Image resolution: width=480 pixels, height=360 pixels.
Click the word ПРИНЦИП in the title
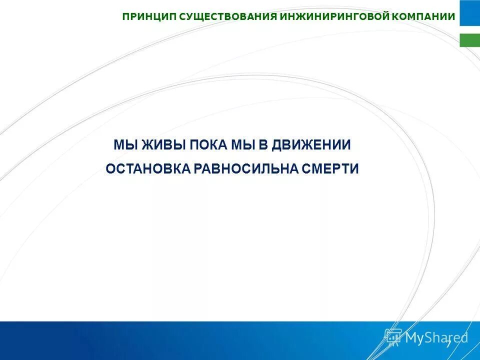pos(149,17)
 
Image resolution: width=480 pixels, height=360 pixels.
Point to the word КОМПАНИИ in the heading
pos(423,17)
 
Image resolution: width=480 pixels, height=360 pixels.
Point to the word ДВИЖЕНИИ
pos(312,145)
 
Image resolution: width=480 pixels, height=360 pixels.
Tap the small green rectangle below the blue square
pos(469,40)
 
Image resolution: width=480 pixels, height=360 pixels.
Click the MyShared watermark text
pos(436,338)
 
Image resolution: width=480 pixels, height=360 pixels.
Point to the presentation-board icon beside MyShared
pos(393,337)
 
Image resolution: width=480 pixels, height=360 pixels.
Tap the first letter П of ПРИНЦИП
pos(126,17)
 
